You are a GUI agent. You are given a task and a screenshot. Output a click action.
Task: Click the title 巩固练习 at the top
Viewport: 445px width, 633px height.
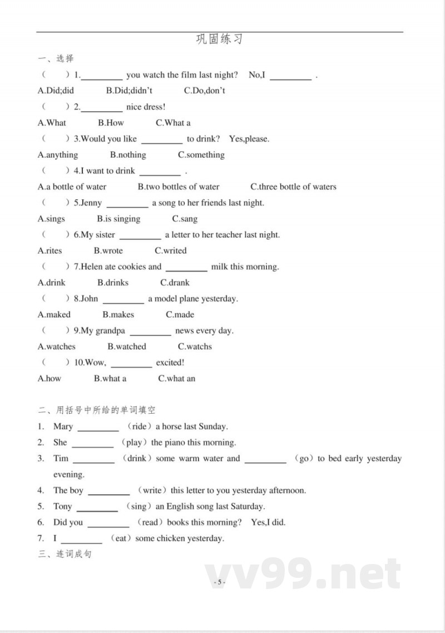[x=220, y=40]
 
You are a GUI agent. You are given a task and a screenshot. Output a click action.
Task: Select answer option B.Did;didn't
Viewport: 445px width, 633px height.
[x=129, y=91]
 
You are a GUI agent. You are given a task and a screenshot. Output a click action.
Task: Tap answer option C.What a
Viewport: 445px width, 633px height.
[x=173, y=122]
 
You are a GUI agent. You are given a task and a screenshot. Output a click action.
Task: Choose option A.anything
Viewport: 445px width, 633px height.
[x=58, y=155]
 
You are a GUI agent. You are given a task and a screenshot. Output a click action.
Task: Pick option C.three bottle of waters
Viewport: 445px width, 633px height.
[x=293, y=187]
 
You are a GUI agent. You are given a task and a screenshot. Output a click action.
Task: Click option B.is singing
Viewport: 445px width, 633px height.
[x=118, y=219]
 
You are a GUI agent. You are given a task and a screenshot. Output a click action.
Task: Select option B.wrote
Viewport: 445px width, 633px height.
[x=108, y=251]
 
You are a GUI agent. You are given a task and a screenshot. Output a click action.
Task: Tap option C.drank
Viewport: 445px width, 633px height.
[x=175, y=282]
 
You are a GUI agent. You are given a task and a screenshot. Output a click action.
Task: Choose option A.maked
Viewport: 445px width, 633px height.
[x=54, y=315]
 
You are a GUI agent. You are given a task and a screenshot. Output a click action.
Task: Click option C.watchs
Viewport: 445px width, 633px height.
[x=195, y=346]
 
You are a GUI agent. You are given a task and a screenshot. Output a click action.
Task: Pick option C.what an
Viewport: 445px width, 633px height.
[x=177, y=379]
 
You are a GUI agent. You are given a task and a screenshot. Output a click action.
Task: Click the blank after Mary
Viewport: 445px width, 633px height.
[x=98, y=427]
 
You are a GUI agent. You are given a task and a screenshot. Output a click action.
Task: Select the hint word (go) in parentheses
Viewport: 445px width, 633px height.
[x=303, y=459]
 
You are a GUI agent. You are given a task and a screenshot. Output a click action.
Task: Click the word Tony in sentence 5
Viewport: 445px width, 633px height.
[x=62, y=507]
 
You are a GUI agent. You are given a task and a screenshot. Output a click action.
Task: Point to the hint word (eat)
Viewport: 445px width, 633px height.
[x=120, y=538]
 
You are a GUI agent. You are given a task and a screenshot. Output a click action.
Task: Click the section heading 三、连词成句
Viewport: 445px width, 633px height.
[x=65, y=555]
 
